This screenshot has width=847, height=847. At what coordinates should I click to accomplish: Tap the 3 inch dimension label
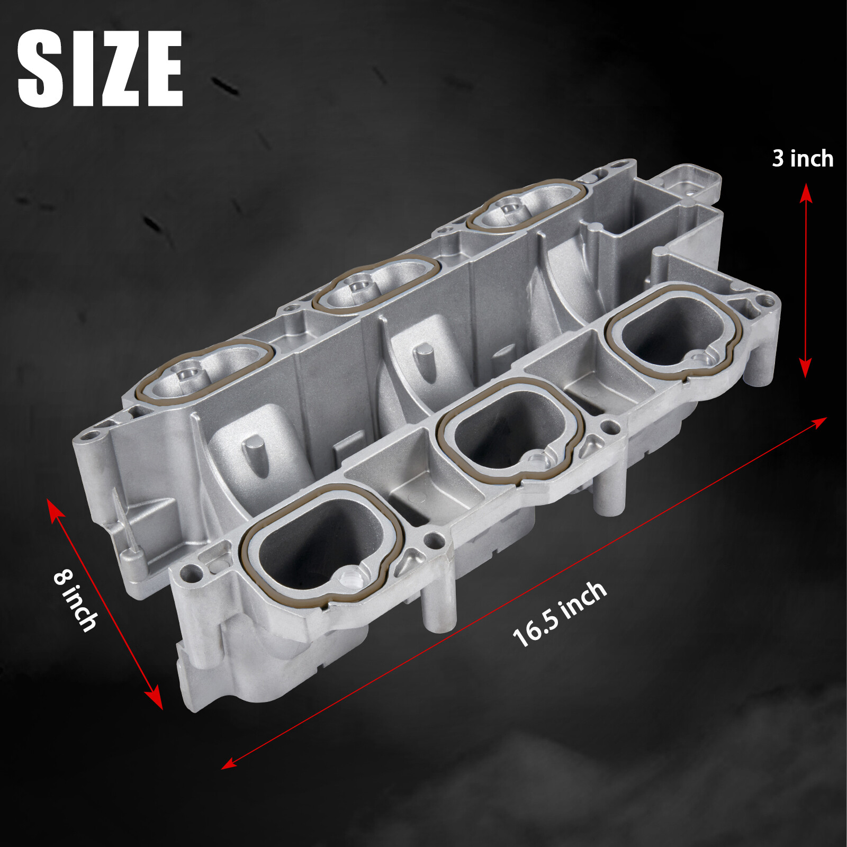tap(802, 159)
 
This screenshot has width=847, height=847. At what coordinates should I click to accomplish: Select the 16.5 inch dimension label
tap(560, 614)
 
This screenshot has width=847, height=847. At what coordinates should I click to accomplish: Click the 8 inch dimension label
tap(76, 600)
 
